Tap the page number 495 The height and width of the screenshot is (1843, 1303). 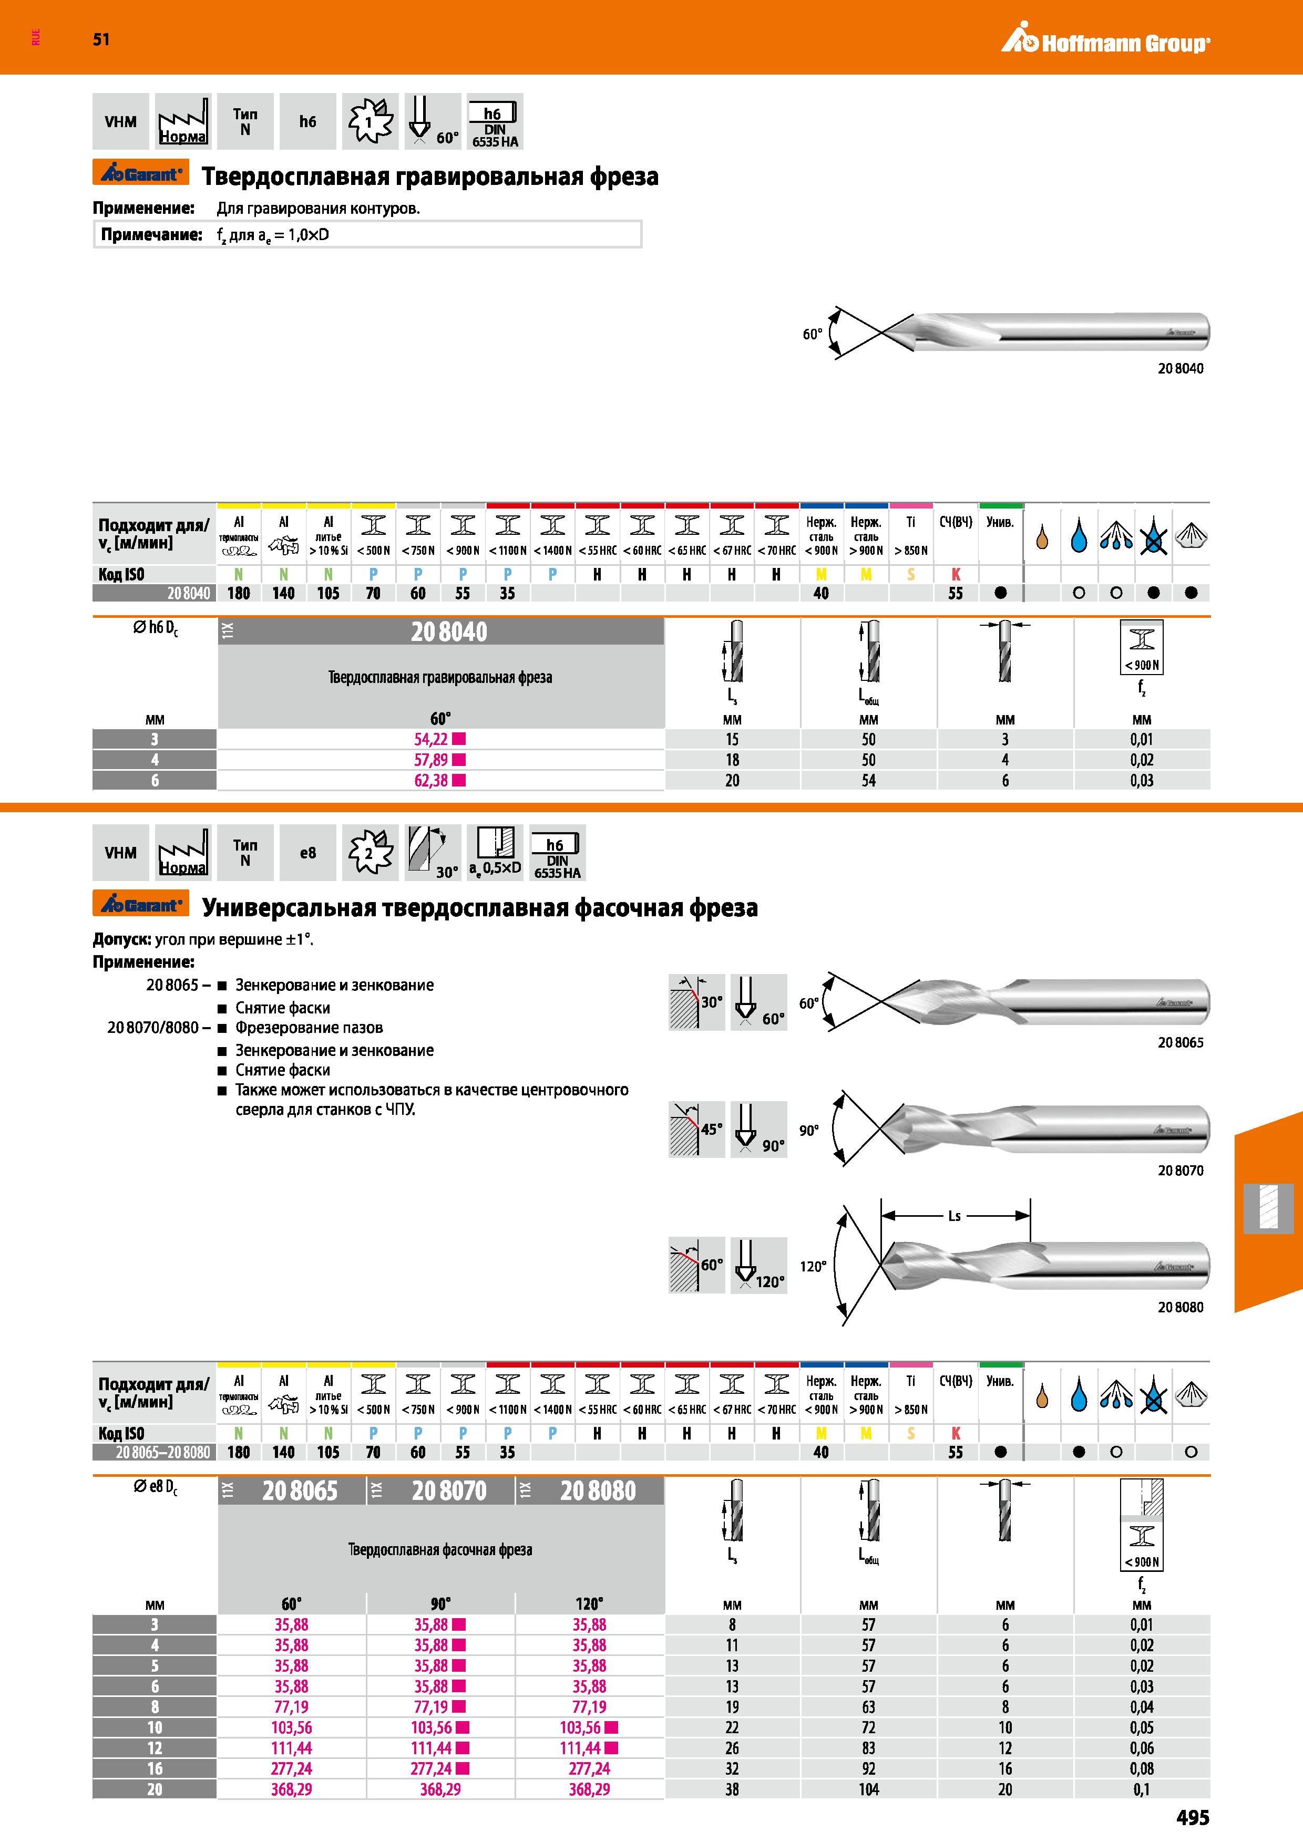click(1192, 1817)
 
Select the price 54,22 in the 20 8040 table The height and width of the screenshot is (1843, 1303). click(431, 739)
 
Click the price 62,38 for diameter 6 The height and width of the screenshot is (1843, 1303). click(431, 780)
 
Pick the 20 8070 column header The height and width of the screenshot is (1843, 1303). click(449, 1490)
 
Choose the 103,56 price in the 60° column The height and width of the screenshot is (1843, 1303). click(291, 1727)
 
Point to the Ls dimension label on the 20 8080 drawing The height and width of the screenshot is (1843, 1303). click(955, 1216)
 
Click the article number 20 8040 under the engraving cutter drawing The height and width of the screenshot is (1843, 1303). click(1180, 368)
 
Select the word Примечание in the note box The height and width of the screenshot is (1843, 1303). click(151, 235)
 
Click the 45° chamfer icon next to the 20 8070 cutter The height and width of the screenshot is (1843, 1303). click(696, 1130)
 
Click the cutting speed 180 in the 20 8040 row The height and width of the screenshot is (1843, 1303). click(239, 593)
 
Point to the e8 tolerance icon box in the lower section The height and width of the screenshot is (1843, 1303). click(307, 853)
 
